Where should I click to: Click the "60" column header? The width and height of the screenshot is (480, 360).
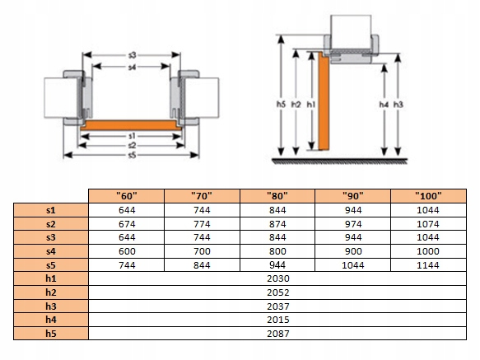click(127, 196)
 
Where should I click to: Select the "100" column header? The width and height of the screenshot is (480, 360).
click(428, 196)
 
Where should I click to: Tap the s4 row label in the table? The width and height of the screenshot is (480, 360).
click(51, 251)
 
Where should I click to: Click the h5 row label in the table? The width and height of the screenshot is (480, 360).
click(51, 334)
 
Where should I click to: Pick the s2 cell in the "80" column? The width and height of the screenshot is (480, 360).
click(277, 224)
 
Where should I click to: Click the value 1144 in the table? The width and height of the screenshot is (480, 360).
click(428, 265)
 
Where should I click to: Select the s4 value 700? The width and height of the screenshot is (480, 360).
click(202, 251)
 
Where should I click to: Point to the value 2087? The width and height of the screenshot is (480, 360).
click(278, 334)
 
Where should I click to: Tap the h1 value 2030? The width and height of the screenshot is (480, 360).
click(278, 278)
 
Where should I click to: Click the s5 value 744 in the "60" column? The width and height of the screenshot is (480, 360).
click(127, 265)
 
